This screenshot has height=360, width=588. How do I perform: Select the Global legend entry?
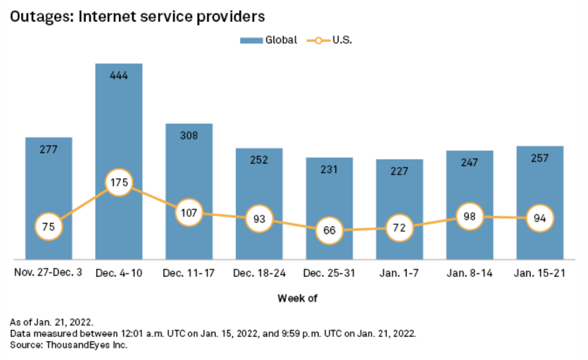tap(268, 40)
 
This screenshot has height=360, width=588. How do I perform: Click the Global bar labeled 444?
tap(119, 125)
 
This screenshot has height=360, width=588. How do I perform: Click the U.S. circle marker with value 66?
tap(329, 230)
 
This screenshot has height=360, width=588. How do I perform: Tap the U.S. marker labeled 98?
tap(469, 216)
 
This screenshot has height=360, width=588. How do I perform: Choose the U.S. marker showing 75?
tap(49, 226)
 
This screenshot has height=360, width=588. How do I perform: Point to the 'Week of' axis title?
tap(297, 298)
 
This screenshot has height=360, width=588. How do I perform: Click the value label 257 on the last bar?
tap(540, 158)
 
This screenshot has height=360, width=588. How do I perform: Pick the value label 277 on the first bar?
tap(49, 149)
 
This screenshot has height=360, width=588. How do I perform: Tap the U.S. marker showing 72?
tap(399, 227)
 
